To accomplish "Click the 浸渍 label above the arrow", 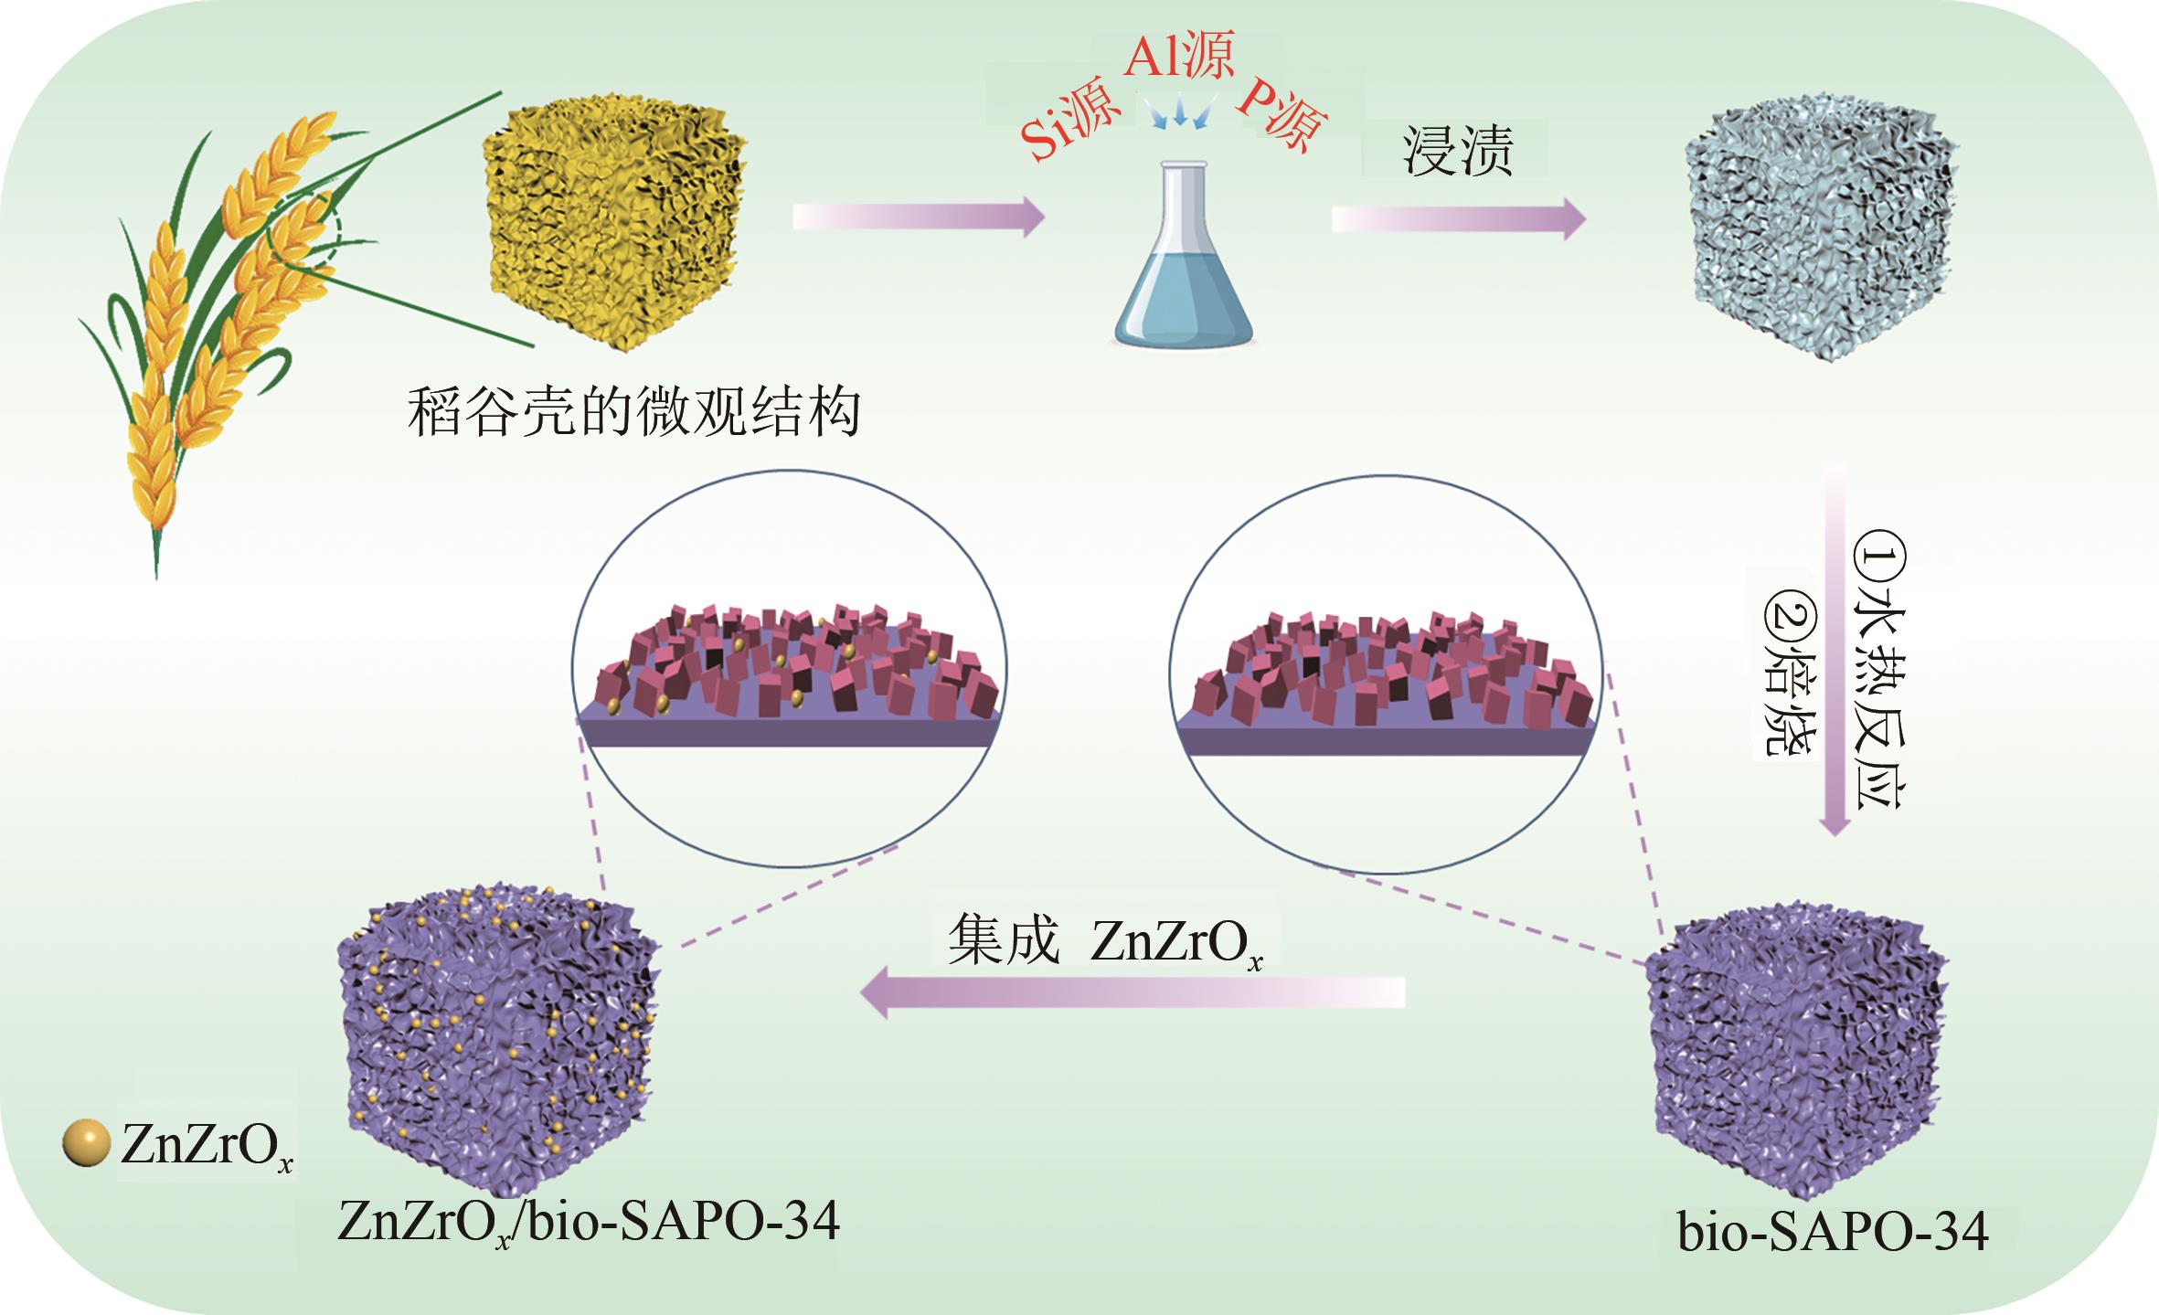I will (x=1458, y=151).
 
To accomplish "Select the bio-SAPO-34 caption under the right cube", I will (x=1833, y=1232).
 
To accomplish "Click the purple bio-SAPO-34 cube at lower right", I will (x=1796, y=1051).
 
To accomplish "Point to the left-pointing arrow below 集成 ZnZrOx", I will (x=1133, y=992).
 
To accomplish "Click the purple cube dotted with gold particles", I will (x=498, y=1023).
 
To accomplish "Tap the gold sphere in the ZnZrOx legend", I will (x=87, y=1143).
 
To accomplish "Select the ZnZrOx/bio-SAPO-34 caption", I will (x=589, y=1220).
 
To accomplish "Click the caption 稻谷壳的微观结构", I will (x=633, y=413).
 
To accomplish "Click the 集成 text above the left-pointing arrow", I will (x=1003, y=940).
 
